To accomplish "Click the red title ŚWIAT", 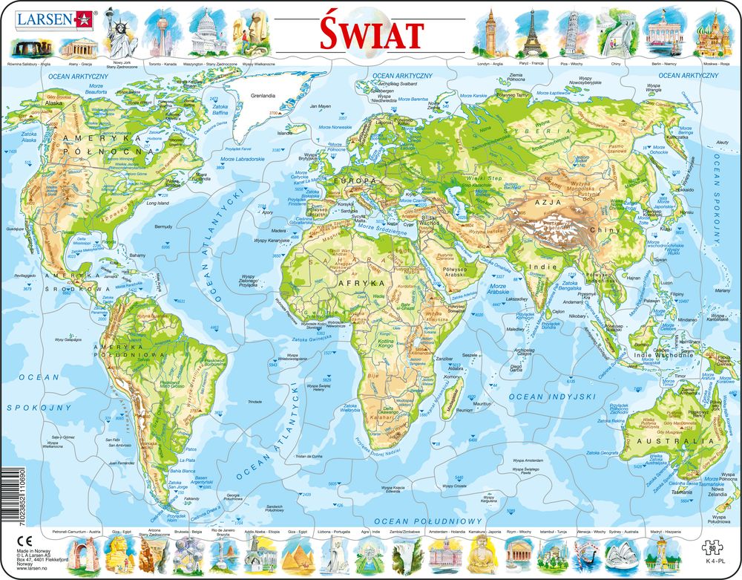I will click(372, 33).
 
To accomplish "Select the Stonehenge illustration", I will click(30, 48).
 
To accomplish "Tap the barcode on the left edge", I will click(8, 491).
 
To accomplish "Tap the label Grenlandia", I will click(262, 95).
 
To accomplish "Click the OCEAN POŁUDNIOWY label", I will click(428, 521).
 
